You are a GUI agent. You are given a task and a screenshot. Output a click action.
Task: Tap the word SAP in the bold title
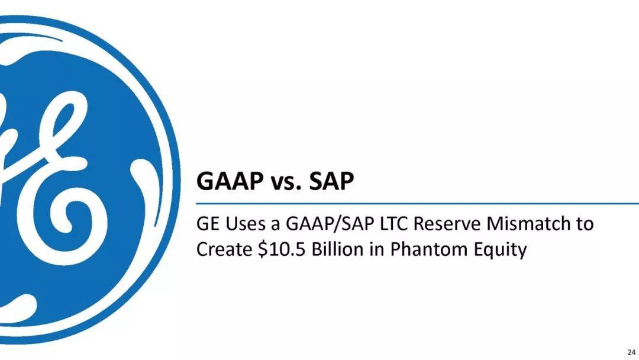[x=331, y=181]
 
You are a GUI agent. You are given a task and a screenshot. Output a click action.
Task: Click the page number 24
[x=631, y=352]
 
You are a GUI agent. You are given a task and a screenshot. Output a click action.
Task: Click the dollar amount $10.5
[x=282, y=249]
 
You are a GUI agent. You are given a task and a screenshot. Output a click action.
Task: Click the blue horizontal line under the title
[x=417, y=203]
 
